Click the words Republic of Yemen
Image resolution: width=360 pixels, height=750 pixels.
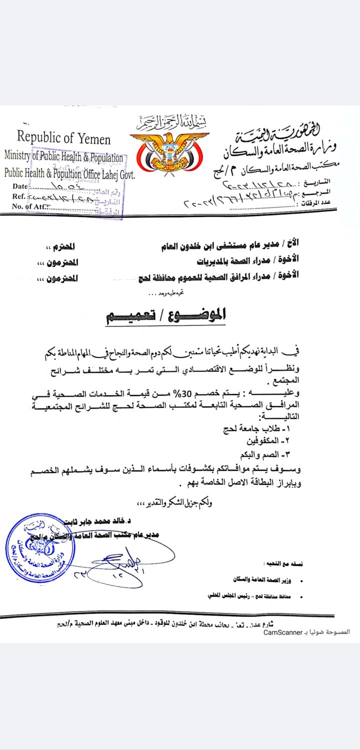[x=63, y=137]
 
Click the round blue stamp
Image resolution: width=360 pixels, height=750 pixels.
[x=41, y=549]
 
